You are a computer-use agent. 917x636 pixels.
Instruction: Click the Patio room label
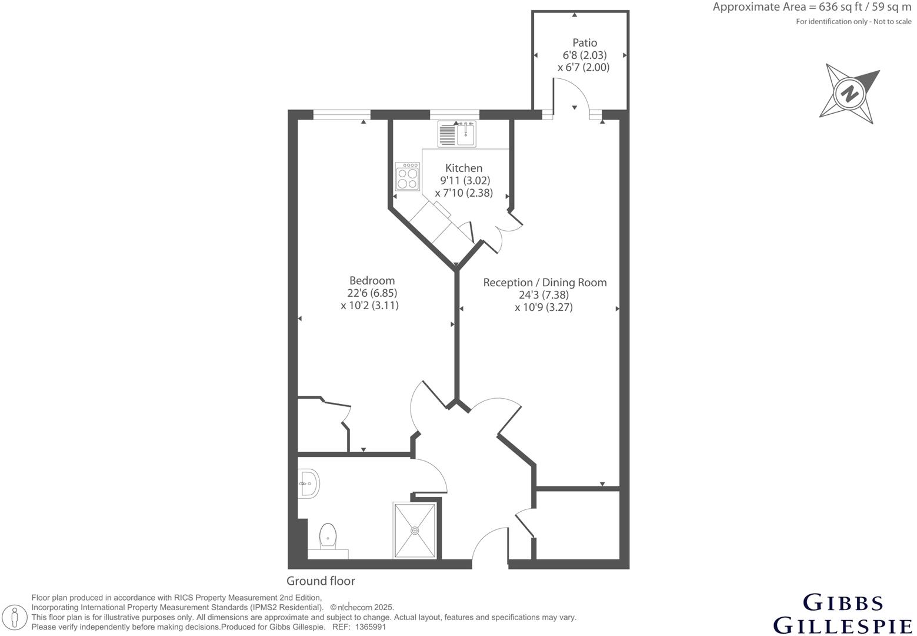point(584,42)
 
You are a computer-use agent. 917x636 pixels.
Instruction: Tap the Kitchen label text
point(463,168)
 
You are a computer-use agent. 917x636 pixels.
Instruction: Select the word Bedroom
point(372,280)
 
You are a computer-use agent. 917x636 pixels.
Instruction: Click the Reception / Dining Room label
point(545,282)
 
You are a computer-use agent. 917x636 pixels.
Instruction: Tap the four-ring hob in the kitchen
point(407,177)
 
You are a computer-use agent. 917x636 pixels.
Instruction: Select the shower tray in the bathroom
point(415,530)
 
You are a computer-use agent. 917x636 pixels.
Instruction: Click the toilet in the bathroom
point(328,538)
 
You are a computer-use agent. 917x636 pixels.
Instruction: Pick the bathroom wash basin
point(308,483)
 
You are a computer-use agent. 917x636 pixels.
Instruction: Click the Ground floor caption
point(321,581)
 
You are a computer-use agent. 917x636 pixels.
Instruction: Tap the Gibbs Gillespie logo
point(843,614)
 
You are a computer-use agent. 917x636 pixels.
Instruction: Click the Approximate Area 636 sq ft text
point(812,8)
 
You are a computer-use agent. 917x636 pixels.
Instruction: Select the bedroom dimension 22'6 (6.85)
point(371,293)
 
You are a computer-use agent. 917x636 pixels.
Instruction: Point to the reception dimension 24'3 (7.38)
point(543,295)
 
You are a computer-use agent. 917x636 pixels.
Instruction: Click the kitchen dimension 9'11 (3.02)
point(465,180)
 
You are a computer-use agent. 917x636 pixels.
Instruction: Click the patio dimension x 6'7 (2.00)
point(583,67)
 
